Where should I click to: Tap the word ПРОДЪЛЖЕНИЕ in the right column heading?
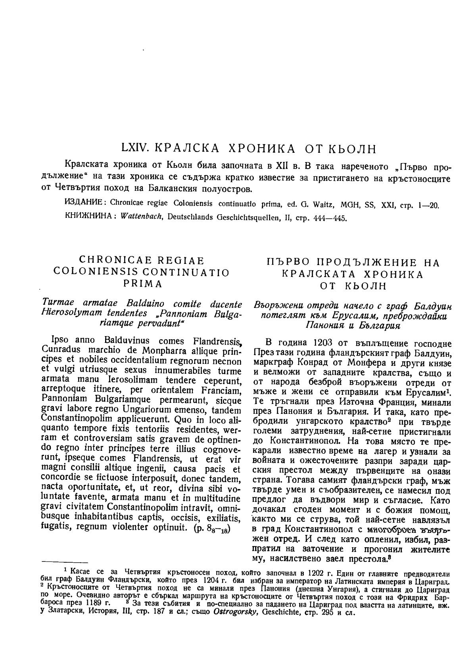click(x=347, y=262)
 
